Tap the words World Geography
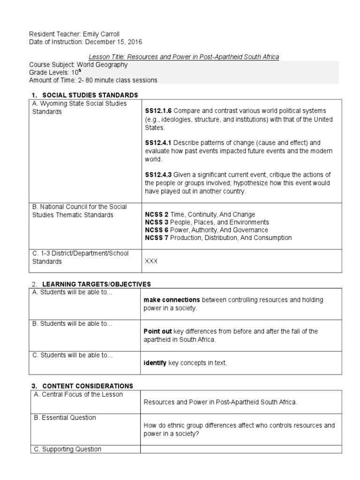(102, 65)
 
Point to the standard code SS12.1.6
(158, 111)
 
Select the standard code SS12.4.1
(158, 142)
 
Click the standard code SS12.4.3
(158, 174)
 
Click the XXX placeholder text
(151, 262)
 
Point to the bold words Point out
(157, 331)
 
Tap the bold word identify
(155, 363)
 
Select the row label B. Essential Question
(64, 418)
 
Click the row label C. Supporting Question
(67, 449)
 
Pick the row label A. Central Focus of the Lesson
(78, 394)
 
